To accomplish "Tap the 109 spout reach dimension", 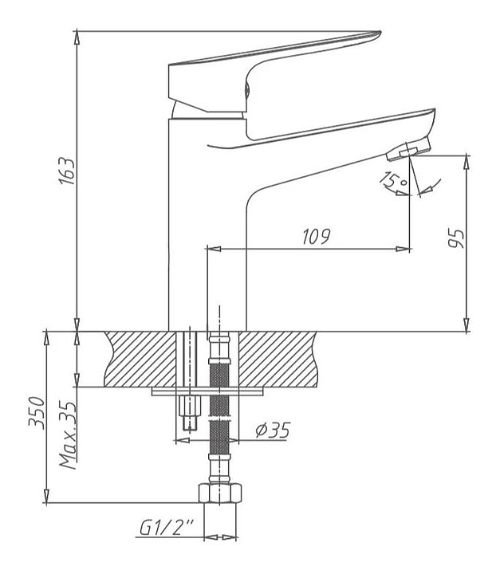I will [316, 237].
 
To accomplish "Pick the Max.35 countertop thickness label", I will [69, 434].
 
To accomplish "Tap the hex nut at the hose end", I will [221, 493].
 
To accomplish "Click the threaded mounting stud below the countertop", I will [188, 415].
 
